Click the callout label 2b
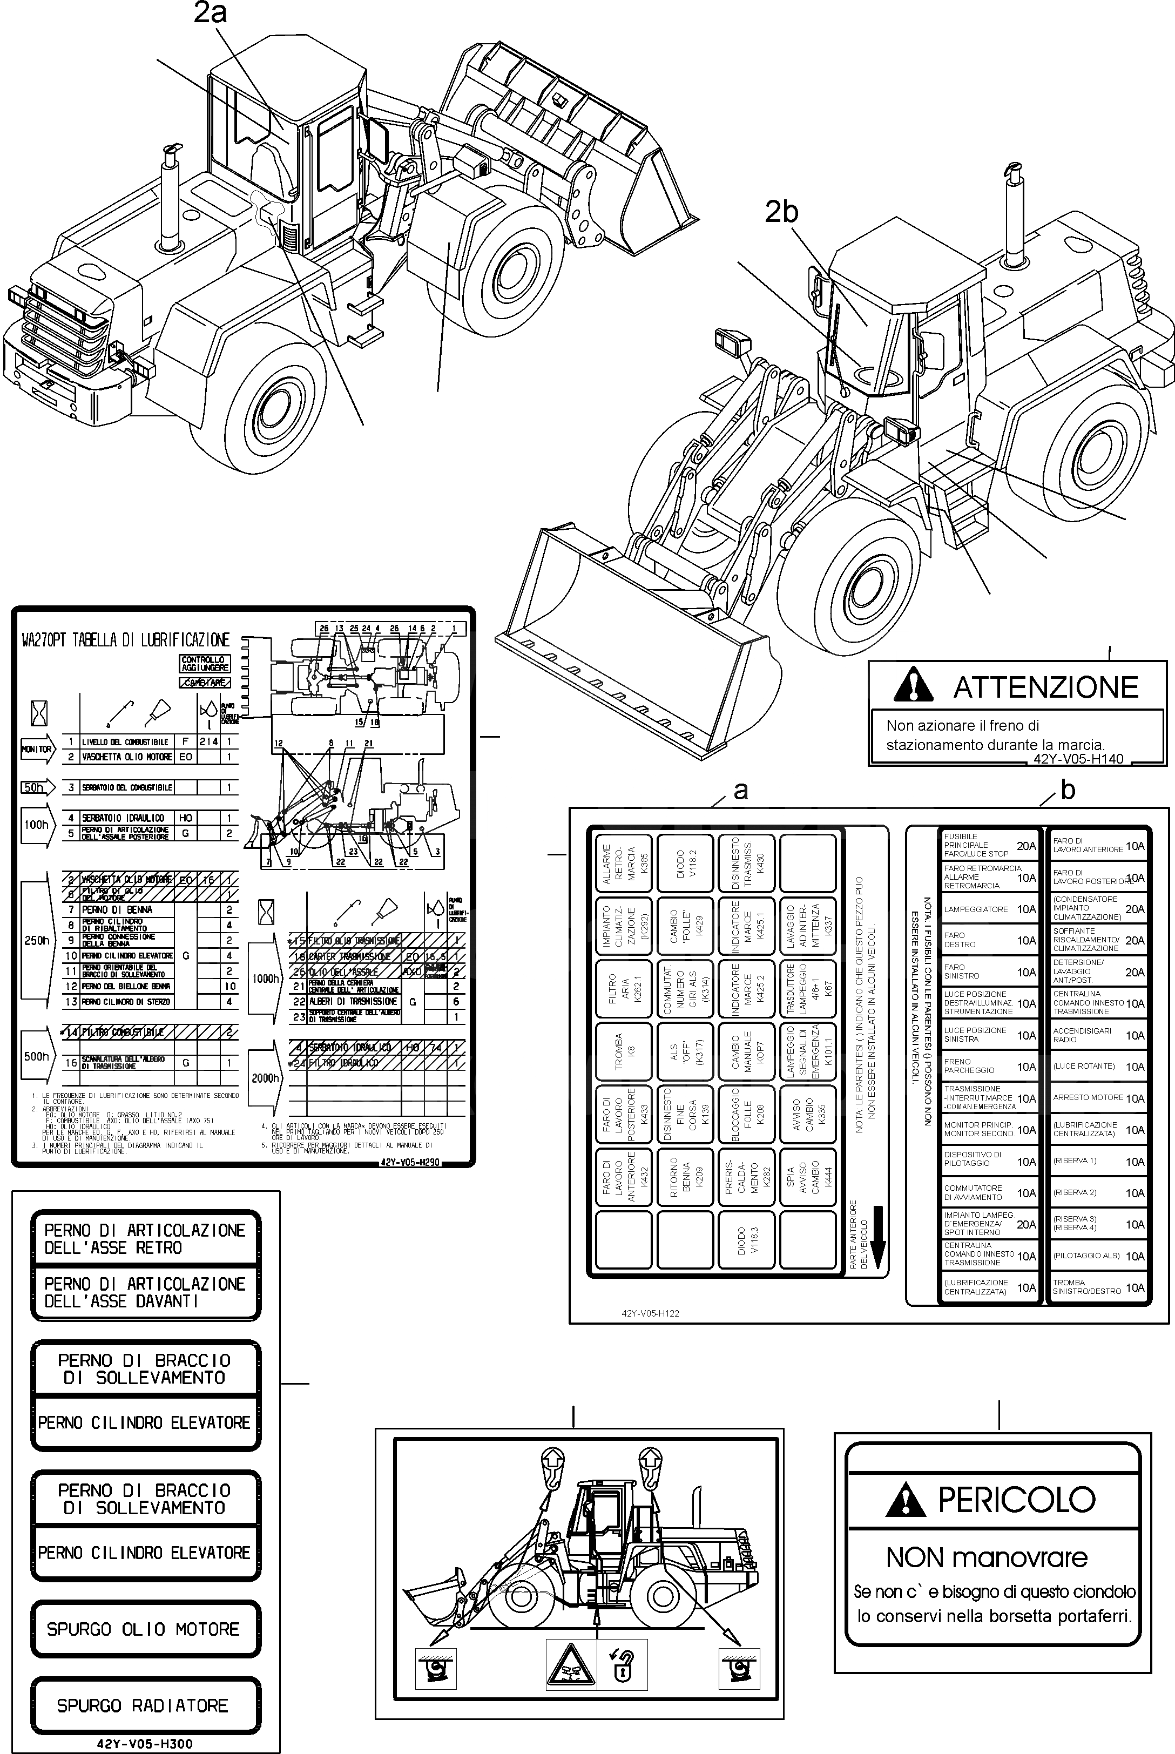(x=781, y=212)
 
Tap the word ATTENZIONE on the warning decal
(x=1045, y=687)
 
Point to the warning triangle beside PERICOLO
(x=904, y=1500)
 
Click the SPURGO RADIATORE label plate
(x=143, y=1706)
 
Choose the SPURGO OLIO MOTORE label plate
(x=143, y=1630)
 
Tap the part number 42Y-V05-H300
(x=145, y=1744)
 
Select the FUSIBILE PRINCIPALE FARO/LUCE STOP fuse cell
(x=990, y=845)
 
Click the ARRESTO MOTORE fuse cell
(x=1098, y=1098)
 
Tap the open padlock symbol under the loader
(x=623, y=1669)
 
